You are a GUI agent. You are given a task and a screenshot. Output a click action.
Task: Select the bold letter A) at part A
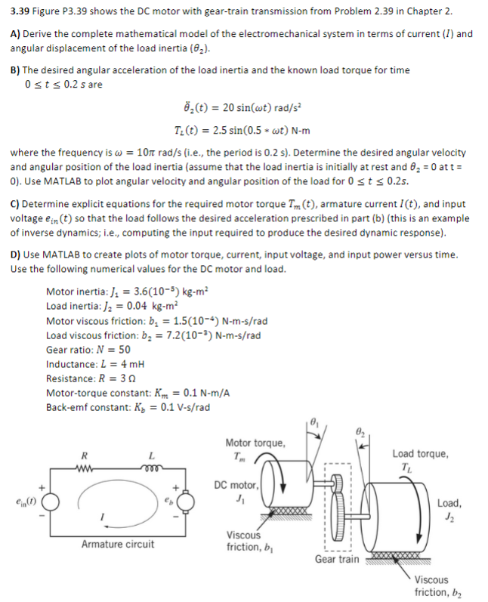(x=14, y=34)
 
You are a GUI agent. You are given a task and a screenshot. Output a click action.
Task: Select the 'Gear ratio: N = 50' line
(x=88, y=350)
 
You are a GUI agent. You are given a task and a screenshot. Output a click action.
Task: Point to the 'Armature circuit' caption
(x=117, y=544)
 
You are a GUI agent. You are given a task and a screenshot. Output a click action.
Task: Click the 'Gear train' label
(x=337, y=559)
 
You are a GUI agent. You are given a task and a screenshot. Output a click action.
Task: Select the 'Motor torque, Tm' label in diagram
(x=255, y=448)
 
